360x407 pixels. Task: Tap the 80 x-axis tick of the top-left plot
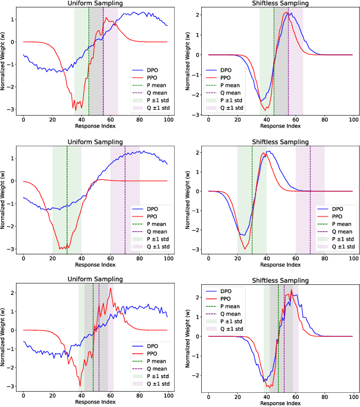(x=139, y=120)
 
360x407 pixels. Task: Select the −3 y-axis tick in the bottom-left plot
(x=14, y=386)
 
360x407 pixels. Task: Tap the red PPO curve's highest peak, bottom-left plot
(x=110, y=288)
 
